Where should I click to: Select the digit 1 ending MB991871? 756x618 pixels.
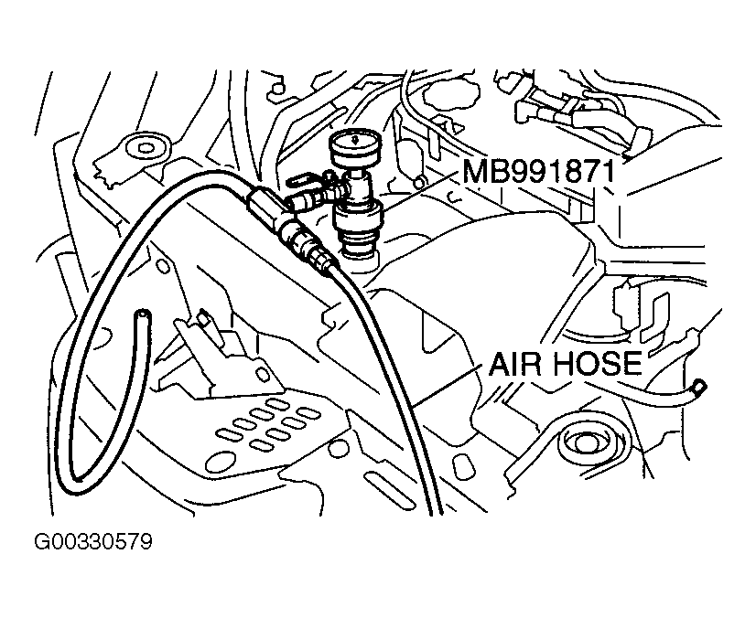tap(632, 171)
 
